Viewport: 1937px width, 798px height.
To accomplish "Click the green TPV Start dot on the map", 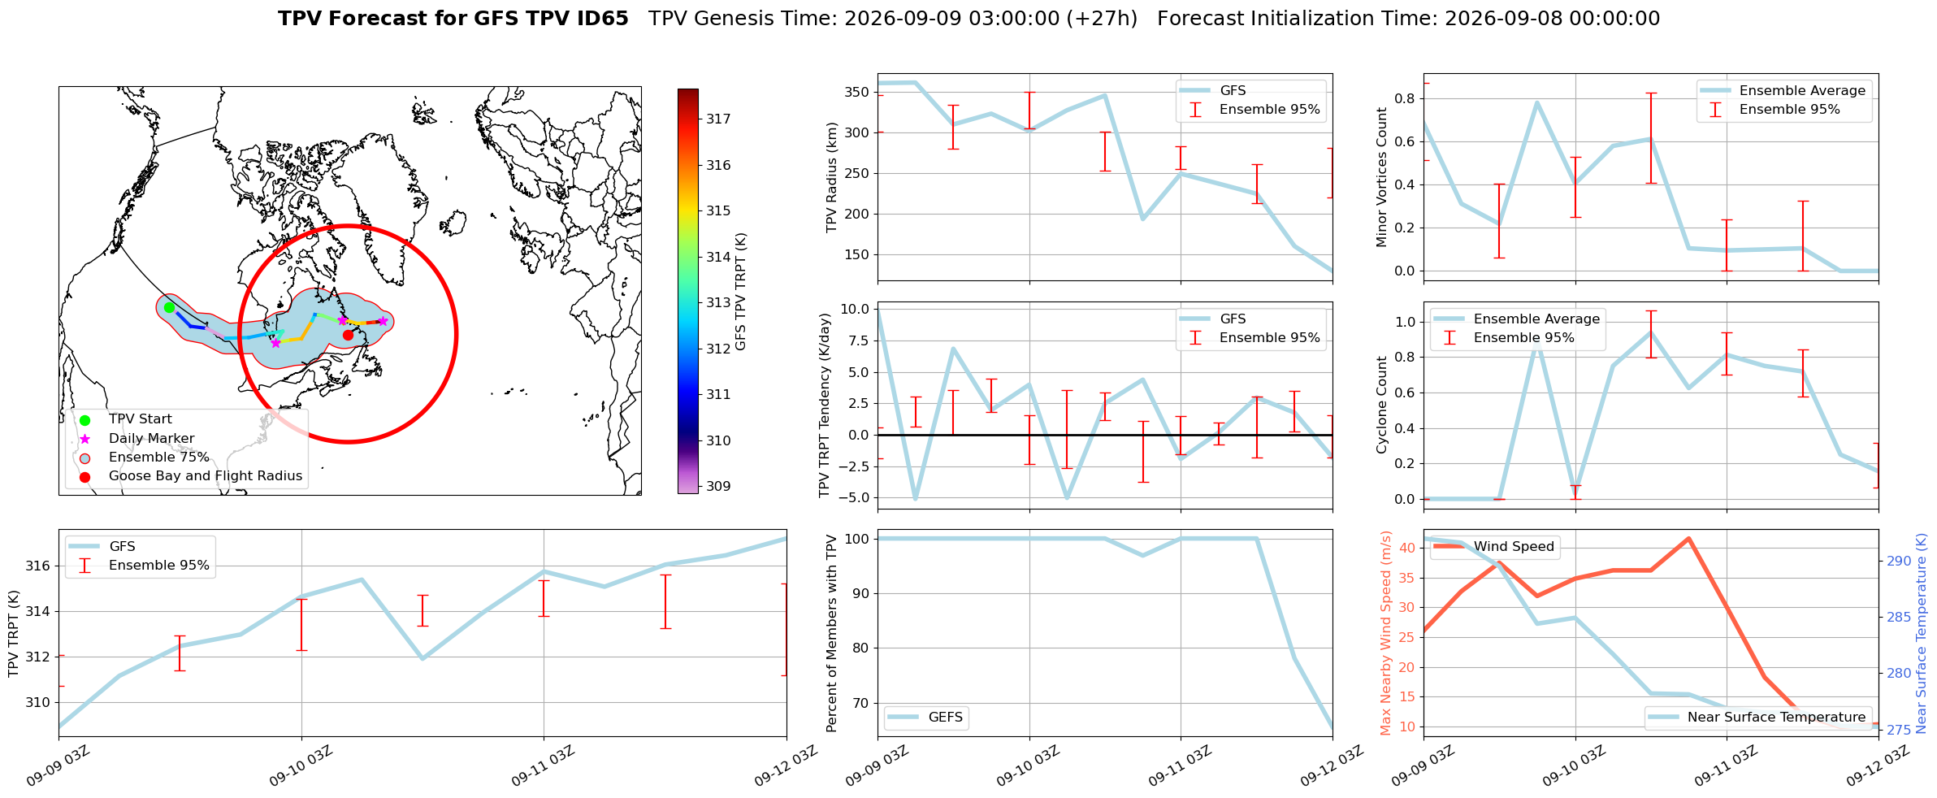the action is pos(169,307).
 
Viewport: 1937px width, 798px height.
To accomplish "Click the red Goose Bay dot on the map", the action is pos(348,335).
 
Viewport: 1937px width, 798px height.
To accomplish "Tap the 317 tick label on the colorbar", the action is pos(718,119).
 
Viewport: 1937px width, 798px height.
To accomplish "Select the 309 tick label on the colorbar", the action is pos(718,486).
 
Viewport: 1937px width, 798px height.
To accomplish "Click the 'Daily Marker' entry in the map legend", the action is pos(151,438).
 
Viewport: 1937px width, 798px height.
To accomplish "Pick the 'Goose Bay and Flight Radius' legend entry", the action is pos(206,475).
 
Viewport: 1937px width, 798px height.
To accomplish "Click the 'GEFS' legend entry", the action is pos(946,717).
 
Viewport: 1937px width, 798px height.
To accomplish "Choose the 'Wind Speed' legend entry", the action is pos(1514,546).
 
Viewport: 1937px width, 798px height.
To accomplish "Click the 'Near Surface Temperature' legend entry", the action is pos(1776,717).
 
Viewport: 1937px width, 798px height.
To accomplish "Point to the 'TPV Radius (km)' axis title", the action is pos(832,177).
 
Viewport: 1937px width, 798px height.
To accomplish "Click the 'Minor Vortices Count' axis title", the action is pos(1381,177).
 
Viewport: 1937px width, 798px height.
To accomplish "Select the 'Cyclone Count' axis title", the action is pos(1381,405).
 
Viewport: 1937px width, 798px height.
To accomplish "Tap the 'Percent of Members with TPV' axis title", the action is pos(832,633).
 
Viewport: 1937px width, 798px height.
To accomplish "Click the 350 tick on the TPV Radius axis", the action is pos(858,92).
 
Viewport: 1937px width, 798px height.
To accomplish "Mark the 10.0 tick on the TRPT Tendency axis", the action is pos(855,309).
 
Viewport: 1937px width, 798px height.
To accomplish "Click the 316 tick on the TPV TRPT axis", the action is pos(39,566).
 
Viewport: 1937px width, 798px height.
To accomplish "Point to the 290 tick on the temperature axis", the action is pos(1899,561).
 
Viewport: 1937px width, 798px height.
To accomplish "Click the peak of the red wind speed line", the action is pos(1688,538).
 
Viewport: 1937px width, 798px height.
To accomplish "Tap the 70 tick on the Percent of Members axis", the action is pos(862,703).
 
